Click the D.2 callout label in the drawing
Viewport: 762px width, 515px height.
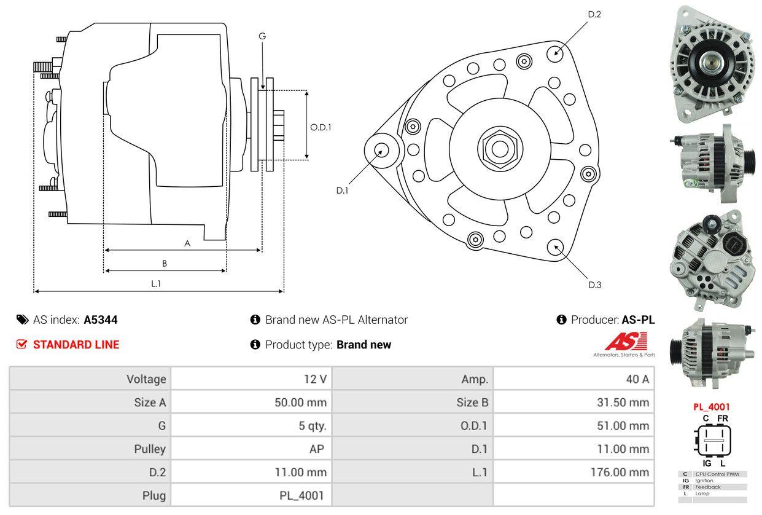tap(594, 14)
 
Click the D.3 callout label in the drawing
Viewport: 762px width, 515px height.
tap(594, 285)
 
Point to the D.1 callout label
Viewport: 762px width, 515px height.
tap(342, 191)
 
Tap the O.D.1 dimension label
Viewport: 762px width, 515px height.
tap(321, 128)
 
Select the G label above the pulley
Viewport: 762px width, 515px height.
tap(262, 36)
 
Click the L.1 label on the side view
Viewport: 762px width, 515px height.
tap(156, 284)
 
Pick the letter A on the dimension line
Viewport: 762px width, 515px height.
tap(187, 243)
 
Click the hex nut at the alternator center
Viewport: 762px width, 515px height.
tap(497, 148)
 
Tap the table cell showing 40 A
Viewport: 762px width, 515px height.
tap(637, 379)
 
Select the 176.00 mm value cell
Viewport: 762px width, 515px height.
tap(621, 473)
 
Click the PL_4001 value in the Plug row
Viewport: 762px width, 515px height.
tap(303, 495)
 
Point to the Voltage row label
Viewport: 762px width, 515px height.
tap(146, 379)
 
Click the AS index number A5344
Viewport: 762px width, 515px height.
tap(101, 320)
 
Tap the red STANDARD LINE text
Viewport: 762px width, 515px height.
tap(76, 345)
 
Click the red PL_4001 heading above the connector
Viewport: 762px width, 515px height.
tap(712, 406)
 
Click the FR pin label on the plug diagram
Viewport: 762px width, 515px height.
tap(724, 419)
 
